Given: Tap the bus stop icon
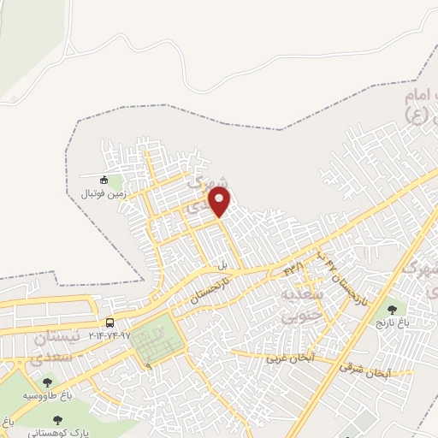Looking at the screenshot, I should point(109,323).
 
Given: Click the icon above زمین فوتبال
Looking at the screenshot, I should point(104,180).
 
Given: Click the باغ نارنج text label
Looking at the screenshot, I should point(393,324).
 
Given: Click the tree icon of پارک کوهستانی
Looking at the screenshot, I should point(57,420).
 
